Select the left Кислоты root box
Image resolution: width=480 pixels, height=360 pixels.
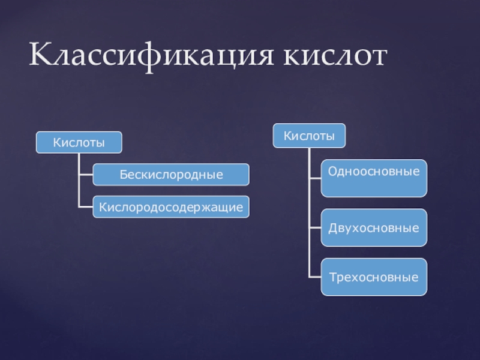[79, 142]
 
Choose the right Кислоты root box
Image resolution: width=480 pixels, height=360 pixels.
[309, 135]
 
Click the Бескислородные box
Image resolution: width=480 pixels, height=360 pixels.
[171, 175]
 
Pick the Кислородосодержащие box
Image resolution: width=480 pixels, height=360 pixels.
[171, 207]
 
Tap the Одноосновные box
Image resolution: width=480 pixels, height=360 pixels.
[374, 178]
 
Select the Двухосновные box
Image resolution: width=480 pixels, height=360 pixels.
[374, 228]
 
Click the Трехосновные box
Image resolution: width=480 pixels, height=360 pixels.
[374, 277]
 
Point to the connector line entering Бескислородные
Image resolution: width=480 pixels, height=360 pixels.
[86, 175]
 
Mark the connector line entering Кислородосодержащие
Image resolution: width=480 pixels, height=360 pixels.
[86, 207]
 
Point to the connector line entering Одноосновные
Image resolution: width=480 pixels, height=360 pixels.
[315, 178]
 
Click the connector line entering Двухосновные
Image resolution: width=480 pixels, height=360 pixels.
[315, 228]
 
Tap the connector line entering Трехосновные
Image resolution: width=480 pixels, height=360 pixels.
[315, 277]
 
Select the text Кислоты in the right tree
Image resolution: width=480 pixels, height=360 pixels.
[309, 135]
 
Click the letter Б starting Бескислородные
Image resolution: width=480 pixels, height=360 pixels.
[122, 175]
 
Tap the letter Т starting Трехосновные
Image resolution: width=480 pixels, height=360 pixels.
[331, 278]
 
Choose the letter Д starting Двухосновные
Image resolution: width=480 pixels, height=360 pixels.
[331, 229]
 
